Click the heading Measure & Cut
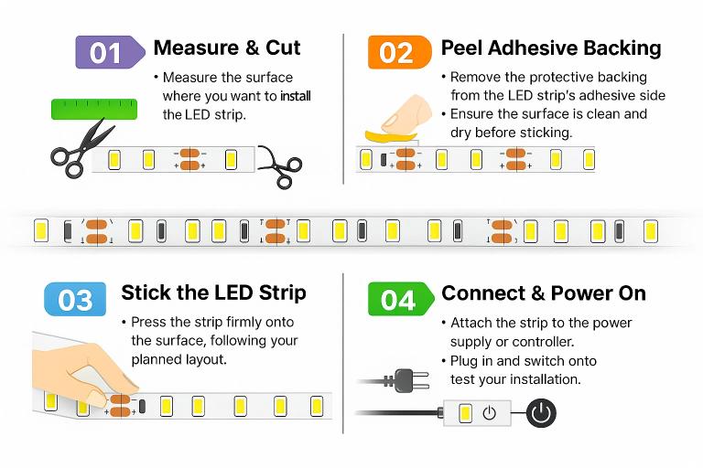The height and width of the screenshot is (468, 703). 227,48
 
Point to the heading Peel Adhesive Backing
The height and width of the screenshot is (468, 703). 550,48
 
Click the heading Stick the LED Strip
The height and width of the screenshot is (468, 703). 213,293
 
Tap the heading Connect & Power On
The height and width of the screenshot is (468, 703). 544,293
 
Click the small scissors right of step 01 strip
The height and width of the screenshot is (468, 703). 281,165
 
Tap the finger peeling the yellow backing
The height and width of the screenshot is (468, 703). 406,113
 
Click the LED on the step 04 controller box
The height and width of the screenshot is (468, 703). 465,413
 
